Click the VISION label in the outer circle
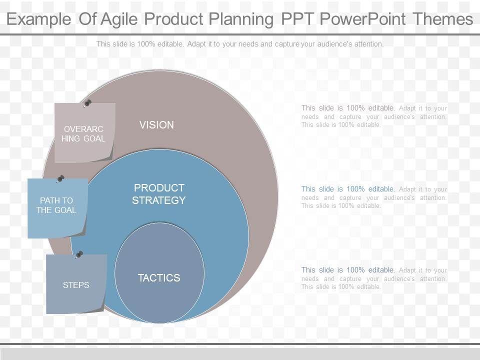(x=156, y=125)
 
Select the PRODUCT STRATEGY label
(x=159, y=194)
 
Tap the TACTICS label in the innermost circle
(x=159, y=278)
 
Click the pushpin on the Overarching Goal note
(x=87, y=103)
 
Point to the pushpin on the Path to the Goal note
(x=60, y=179)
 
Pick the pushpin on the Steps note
(x=79, y=254)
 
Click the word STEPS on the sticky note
(x=76, y=285)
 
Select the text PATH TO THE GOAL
(x=56, y=205)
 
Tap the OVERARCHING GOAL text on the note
(x=83, y=134)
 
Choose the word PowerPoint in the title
(x=363, y=19)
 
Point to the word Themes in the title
(x=443, y=19)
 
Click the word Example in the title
(x=39, y=19)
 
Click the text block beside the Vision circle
(x=374, y=116)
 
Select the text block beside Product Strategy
(x=374, y=197)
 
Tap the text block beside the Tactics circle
(x=374, y=278)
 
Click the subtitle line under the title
(x=240, y=44)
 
